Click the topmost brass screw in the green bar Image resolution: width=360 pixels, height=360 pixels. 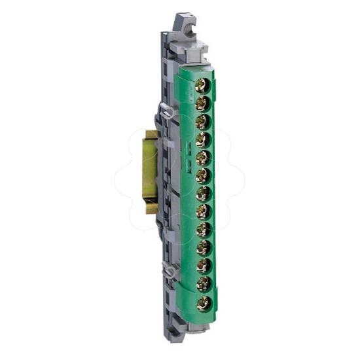pyautogui.click(x=204, y=85)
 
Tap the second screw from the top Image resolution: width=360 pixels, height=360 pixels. pyautogui.click(x=204, y=103)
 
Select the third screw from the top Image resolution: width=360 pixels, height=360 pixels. pyautogui.click(x=204, y=121)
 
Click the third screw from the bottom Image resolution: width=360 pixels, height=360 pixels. pyautogui.click(x=204, y=266)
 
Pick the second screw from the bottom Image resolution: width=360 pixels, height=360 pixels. pyautogui.click(x=204, y=284)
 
